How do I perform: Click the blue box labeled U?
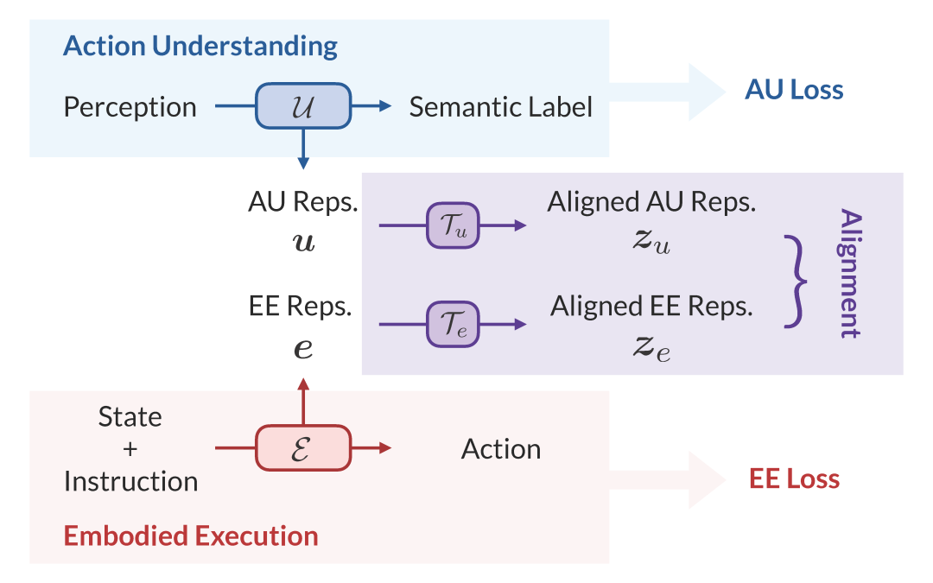[302, 107]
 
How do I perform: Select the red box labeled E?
[302, 448]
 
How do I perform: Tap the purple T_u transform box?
[453, 225]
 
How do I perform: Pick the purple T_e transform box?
[453, 324]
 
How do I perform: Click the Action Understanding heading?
[200, 46]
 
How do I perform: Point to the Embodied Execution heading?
[191, 535]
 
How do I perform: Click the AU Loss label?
[793, 90]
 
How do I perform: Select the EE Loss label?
[794, 478]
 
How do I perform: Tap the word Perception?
[130, 108]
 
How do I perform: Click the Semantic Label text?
[501, 108]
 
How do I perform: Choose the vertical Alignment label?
[850, 273]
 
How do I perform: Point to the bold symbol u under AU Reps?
[303, 244]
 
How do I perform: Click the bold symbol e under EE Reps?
[303, 348]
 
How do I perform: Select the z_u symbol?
[651, 244]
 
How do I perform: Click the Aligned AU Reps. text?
[651, 202]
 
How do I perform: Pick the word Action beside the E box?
[501, 449]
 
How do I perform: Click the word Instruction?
[130, 481]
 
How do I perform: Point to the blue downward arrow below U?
[302, 149]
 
